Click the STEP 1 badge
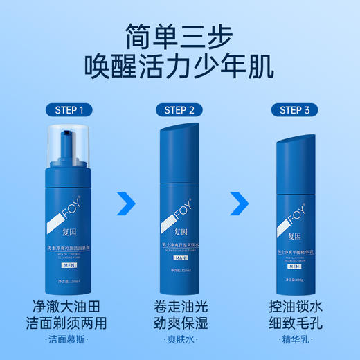click(69, 109)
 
